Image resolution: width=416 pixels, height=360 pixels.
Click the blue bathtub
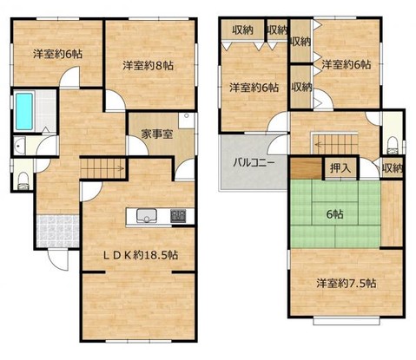(24, 110)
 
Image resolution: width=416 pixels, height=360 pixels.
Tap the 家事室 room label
(159, 135)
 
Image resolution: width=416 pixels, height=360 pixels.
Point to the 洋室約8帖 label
(148, 64)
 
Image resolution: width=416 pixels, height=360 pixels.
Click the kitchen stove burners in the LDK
(177, 215)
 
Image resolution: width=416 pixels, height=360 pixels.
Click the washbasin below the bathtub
(20, 147)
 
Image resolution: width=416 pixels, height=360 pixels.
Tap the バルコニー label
(253, 162)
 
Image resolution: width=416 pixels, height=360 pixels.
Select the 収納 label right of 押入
(393, 168)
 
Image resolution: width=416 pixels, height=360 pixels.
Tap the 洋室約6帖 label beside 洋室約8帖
(58, 54)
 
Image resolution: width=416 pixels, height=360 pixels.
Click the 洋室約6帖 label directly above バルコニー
(254, 87)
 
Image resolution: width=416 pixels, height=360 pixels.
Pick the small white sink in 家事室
(184, 119)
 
